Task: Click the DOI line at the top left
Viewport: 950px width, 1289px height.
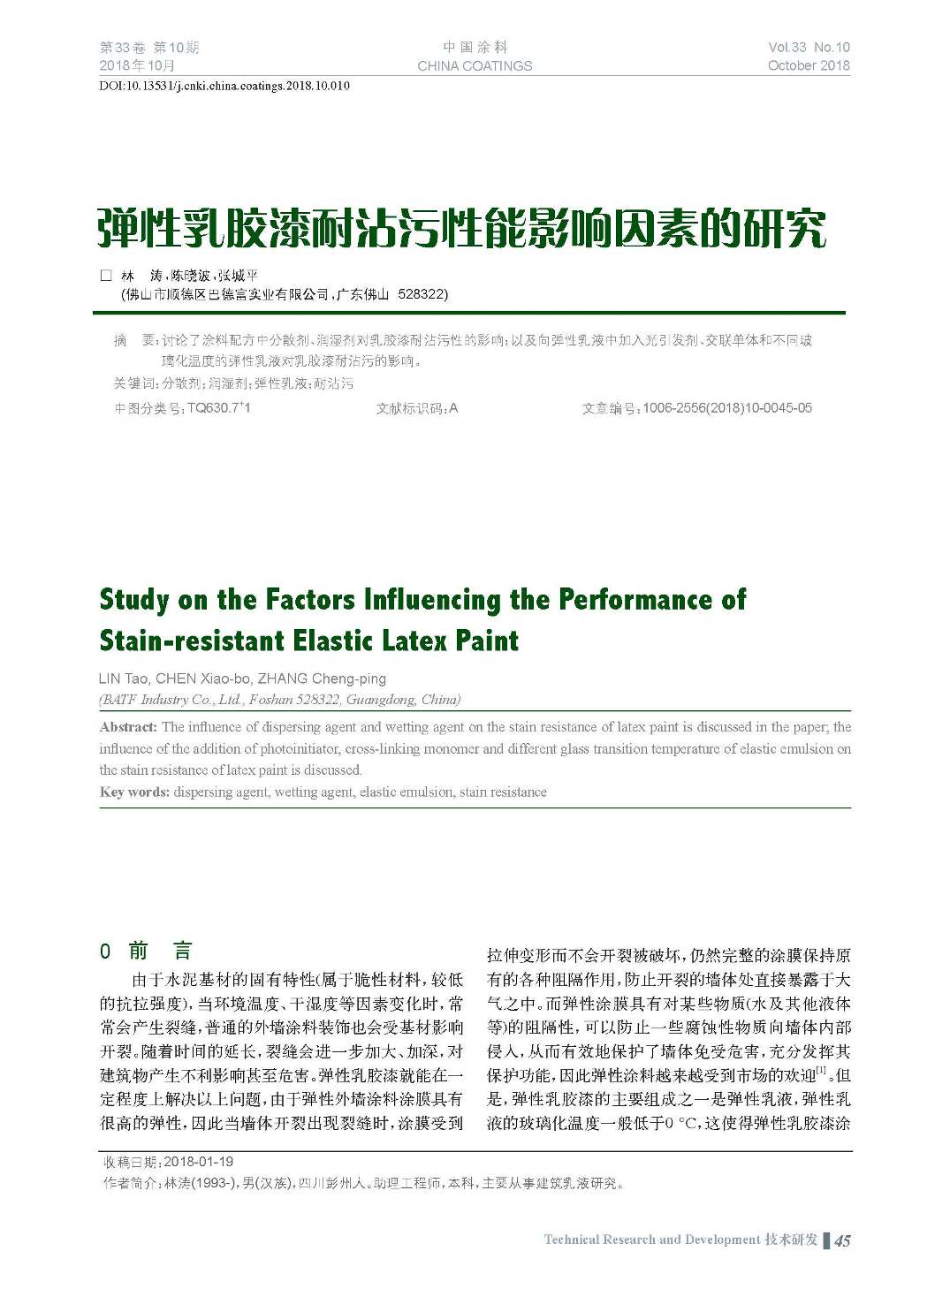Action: point(224,86)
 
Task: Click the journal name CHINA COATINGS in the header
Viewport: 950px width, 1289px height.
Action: point(475,65)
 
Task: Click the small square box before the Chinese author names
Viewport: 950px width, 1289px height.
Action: point(106,276)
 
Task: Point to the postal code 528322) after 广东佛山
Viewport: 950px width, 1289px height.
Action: point(422,294)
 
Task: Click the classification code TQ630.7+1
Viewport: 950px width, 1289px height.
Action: point(218,408)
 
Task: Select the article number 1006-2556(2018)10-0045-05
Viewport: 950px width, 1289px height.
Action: point(726,408)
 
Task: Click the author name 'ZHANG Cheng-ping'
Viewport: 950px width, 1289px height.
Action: point(322,679)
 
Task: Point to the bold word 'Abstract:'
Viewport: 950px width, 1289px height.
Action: point(128,727)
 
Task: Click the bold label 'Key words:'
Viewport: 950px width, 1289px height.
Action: point(134,792)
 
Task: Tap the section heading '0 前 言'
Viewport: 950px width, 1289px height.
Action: point(146,952)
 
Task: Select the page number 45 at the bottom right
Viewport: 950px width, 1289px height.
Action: point(842,1240)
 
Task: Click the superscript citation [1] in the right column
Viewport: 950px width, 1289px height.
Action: point(821,1071)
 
